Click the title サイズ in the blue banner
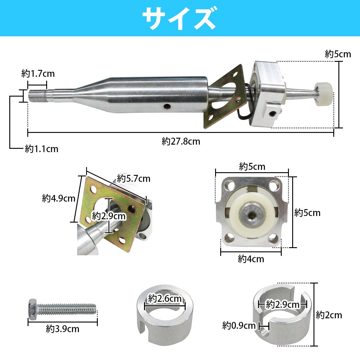pyautogui.click(x=180, y=18)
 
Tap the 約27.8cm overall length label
pyautogui.click(x=181, y=141)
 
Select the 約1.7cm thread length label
pyautogui.click(x=38, y=73)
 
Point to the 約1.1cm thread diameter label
pyautogui.click(x=41, y=149)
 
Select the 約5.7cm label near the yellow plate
pyautogui.click(x=133, y=178)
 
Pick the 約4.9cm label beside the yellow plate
pyautogui.click(x=58, y=198)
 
